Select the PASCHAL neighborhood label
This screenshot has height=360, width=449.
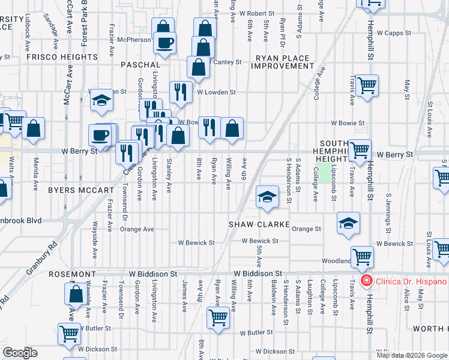click(140, 64)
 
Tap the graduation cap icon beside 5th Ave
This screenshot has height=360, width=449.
click(267, 196)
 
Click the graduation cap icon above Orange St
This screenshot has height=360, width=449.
click(348, 223)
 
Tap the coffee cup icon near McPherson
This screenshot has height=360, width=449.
click(164, 42)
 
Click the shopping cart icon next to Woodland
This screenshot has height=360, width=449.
click(363, 256)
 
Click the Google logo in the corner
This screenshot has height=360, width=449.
click(19, 353)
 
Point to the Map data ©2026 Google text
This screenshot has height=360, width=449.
click(411, 355)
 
